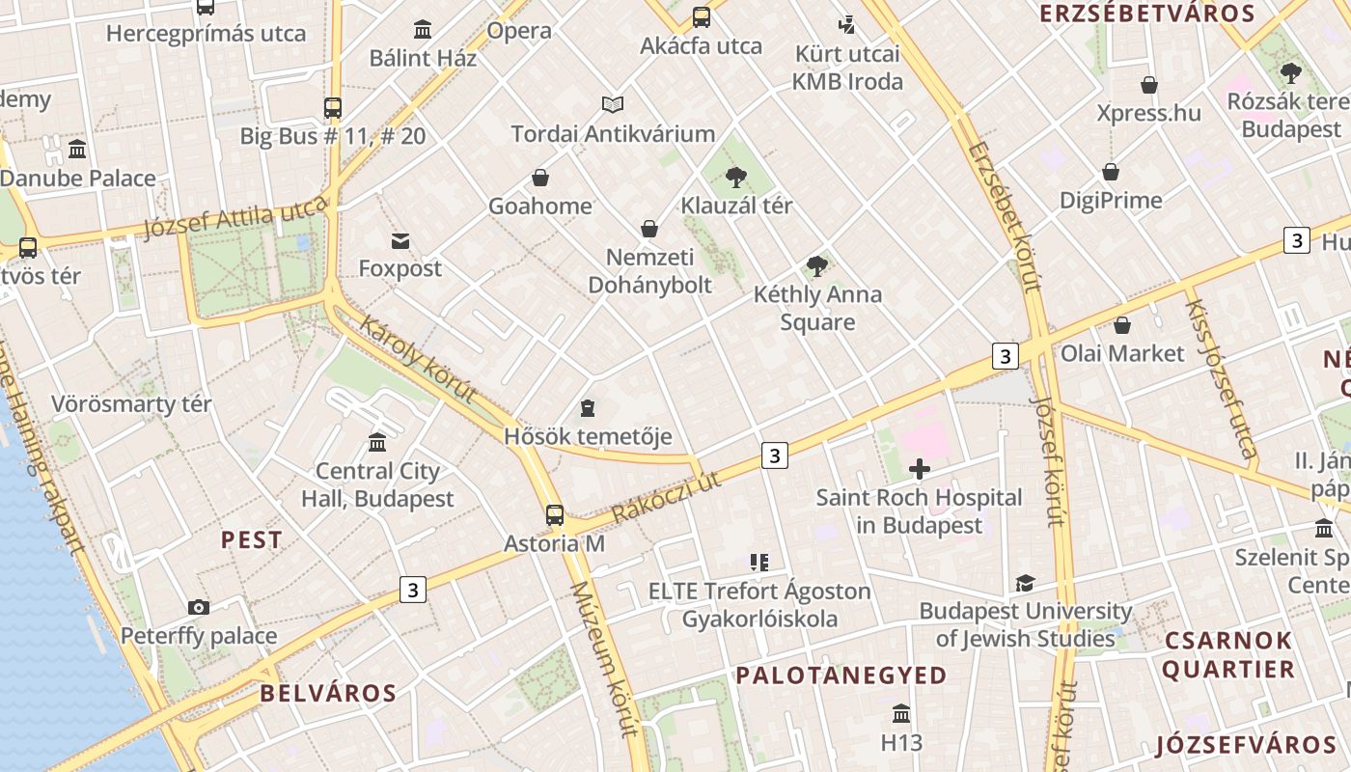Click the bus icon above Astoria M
coord(554,514)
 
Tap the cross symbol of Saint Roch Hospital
coord(920,470)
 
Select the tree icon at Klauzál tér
coord(736,177)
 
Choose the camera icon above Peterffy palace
coord(199,607)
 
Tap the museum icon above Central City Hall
coord(377,442)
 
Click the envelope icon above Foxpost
coord(400,240)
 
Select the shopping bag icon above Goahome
coord(540,178)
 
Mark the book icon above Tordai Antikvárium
coord(613,104)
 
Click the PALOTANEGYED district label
coord(841,675)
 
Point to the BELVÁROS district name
coord(328,693)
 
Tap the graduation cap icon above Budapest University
coord(1025,583)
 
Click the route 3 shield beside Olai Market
coord(1005,356)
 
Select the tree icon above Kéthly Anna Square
coord(817,265)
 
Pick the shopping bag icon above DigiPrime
coord(1111,172)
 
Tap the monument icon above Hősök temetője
coord(588,408)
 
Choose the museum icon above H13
coord(901,714)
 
